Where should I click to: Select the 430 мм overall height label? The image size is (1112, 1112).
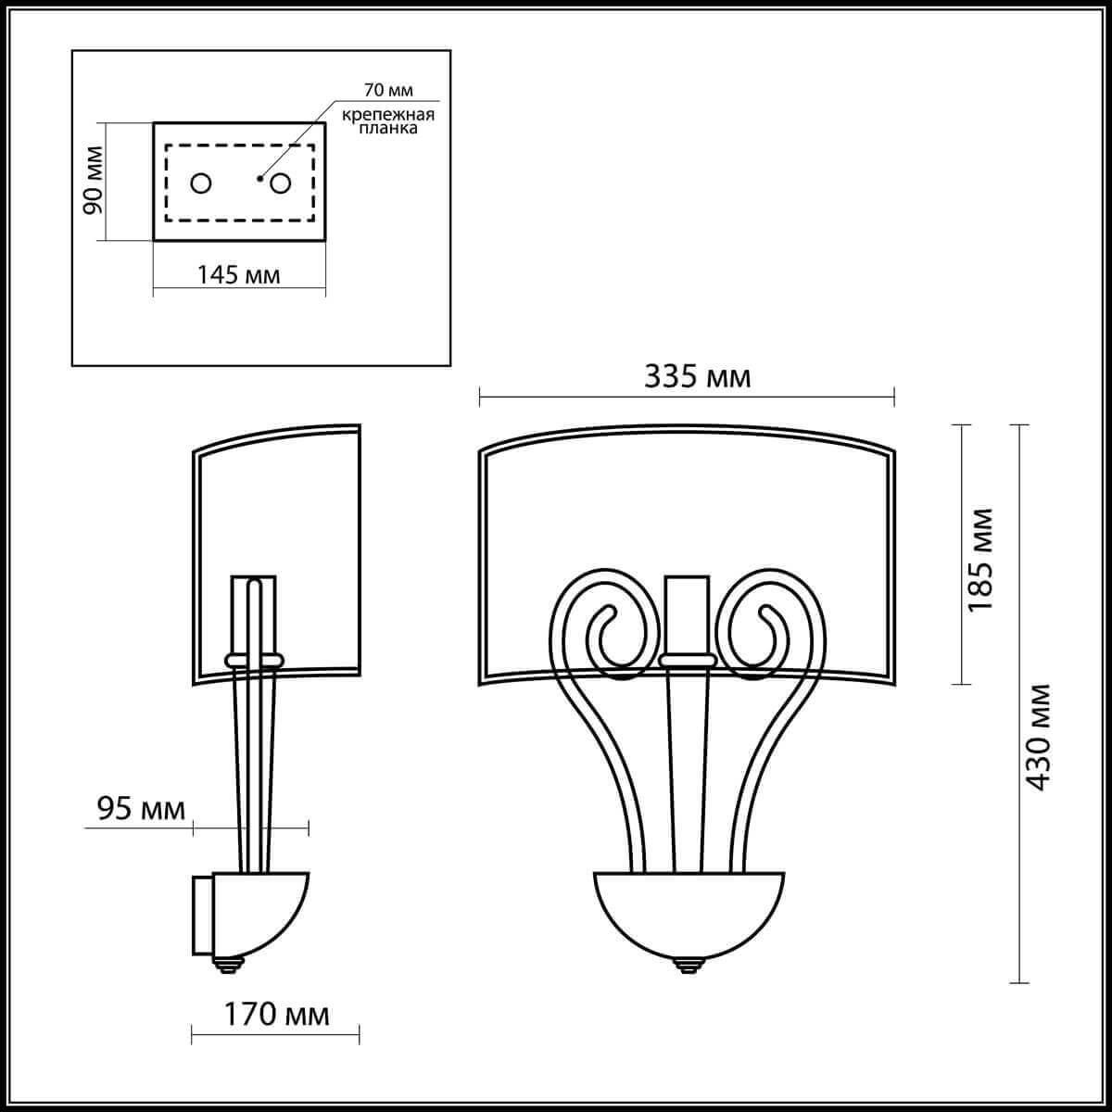[x=1039, y=737]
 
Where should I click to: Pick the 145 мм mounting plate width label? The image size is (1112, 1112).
[x=237, y=274]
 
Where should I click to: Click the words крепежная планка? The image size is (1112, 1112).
[x=388, y=121]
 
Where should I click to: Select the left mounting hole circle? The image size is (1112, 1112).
[x=201, y=183]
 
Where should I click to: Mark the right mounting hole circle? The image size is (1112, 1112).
[x=281, y=183]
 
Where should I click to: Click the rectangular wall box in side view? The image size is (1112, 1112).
[x=202, y=914]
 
